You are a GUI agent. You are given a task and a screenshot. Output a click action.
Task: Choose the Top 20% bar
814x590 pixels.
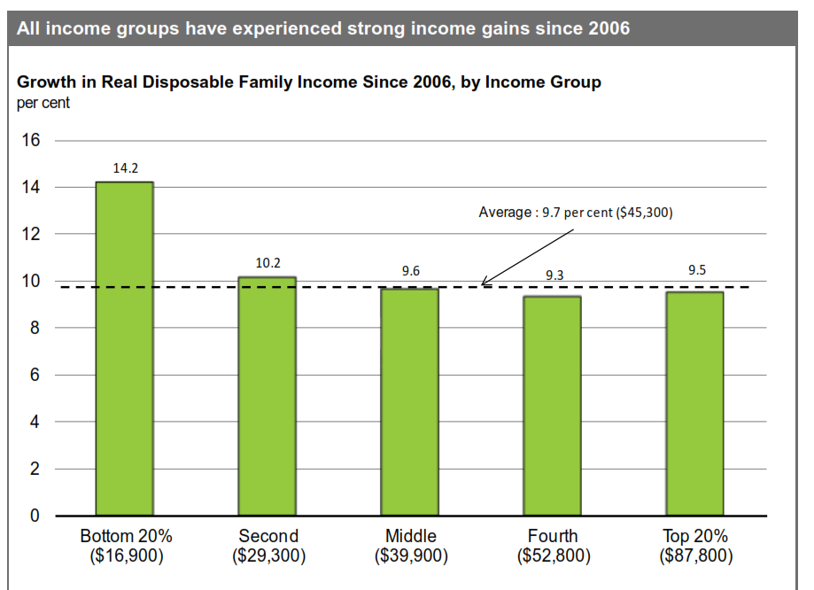click(x=694, y=403)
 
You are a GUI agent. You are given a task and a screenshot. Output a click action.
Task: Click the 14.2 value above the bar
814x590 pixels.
click(x=125, y=167)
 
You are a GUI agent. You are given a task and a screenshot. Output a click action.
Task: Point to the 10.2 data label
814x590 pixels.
click(x=267, y=262)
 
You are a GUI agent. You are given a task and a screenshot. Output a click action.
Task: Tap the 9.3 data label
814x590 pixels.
click(x=554, y=276)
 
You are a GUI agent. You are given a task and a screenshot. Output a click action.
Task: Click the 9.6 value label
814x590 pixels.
click(x=410, y=271)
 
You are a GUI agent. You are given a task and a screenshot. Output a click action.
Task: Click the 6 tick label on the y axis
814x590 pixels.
click(x=35, y=376)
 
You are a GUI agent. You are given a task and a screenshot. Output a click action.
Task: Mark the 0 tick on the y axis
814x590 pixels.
click(x=35, y=516)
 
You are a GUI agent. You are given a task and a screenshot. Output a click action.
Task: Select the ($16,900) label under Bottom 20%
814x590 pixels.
click(x=126, y=556)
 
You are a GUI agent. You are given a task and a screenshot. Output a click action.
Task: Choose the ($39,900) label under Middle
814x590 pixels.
click(x=411, y=556)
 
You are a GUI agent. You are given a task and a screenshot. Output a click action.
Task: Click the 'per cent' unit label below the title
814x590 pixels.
click(x=43, y=102)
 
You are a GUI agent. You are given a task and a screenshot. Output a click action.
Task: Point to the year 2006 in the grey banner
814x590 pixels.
click(x=609, y=28)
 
